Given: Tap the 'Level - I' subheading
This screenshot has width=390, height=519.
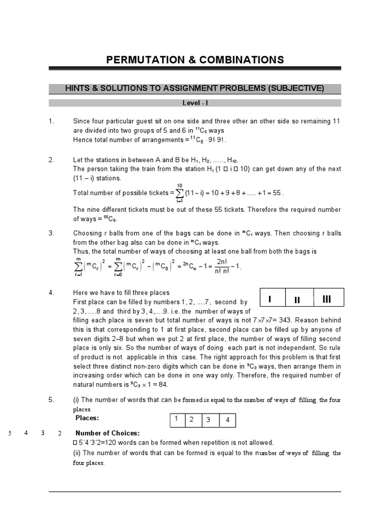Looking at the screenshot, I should tap(195, 103).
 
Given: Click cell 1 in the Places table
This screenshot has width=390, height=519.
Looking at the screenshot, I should tap(176, 419).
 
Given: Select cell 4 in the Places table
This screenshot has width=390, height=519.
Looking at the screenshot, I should tap(227, 420).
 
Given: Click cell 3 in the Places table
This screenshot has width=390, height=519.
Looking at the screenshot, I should tap(209, 420).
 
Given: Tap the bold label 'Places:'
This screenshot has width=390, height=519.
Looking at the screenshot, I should tap(87, 418).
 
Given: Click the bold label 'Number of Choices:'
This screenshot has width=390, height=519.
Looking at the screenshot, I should tap(107, 433).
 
